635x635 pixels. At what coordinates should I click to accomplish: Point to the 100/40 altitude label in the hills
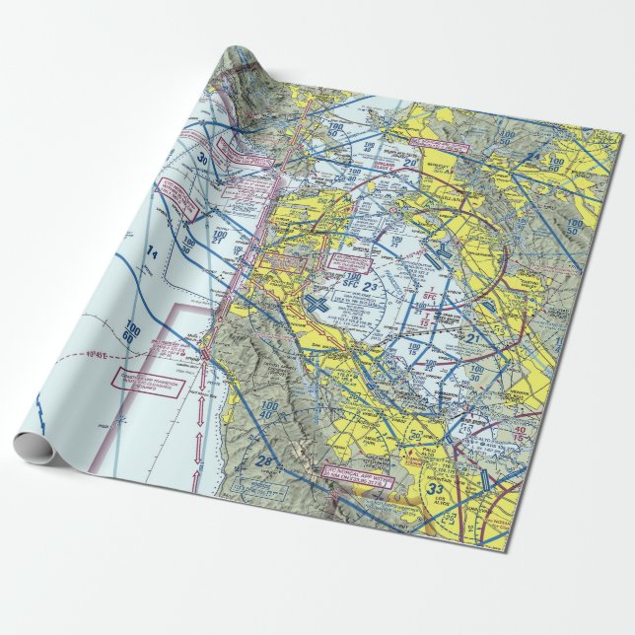coord(267,408)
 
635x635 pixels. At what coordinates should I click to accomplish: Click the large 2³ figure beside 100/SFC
coord(399,287)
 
